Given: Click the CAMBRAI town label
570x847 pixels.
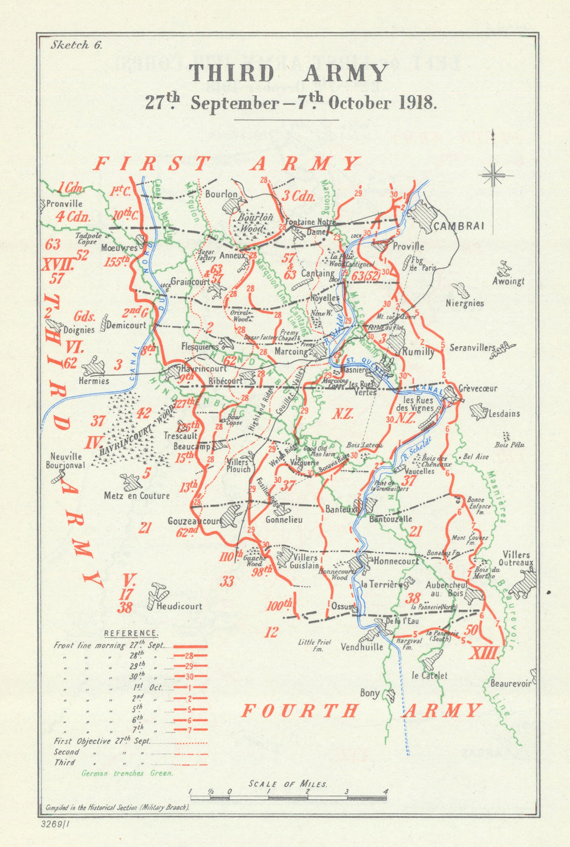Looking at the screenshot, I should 459,226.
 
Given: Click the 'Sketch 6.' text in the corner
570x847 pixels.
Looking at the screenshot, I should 76,46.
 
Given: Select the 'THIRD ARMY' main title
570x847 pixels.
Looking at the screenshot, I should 288,74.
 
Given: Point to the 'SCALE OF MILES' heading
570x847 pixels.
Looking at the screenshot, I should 288,784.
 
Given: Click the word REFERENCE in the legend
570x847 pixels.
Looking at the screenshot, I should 131,633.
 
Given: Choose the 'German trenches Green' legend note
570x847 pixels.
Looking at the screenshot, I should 127,773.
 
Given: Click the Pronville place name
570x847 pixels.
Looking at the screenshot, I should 64,203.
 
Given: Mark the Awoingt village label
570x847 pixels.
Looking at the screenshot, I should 508,281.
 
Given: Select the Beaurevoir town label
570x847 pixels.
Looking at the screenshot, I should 511,683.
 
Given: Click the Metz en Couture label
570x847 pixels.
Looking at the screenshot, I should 137,496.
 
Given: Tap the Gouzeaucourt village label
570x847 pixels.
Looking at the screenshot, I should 194,521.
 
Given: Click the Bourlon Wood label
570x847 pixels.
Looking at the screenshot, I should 255,222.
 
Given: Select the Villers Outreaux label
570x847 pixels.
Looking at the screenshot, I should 517,559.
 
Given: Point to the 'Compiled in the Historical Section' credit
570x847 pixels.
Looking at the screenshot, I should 117,808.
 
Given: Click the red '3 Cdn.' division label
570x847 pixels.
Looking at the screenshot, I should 299,197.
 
